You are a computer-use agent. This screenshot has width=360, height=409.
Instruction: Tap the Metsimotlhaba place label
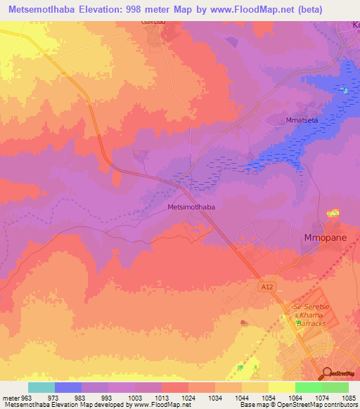(x=191, y=207)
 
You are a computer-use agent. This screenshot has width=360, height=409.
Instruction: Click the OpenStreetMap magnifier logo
(x=327, y=374)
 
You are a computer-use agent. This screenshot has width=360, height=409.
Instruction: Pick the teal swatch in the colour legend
(x=41, y=387)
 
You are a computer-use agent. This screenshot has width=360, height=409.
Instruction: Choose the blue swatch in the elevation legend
(x=68, y=387)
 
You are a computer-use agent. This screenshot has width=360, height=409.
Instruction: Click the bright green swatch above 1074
(x=309, y=387)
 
